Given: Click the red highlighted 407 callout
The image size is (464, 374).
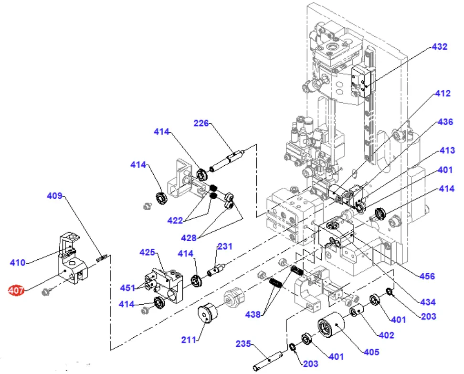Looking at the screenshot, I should (x=16, y=290).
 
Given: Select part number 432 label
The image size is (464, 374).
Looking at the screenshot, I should (x=439, y=47).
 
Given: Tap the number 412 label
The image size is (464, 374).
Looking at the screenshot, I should (x=442, y=94).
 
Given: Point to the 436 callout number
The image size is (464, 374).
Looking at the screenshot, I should (x=444, y=122).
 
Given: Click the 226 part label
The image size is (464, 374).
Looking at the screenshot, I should (x=201, y=123).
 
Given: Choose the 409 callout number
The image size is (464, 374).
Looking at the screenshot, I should (x=54, y=195).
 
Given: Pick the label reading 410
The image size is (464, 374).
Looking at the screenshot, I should (x=18, y=262).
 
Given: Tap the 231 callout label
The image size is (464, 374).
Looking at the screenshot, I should (x=225, y=246).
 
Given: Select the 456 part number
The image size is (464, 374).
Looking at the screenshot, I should (x=427, y=276).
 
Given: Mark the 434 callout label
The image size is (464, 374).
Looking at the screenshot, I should (x=427, y=302).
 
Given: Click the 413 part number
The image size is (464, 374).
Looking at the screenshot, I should (x=446, y=151).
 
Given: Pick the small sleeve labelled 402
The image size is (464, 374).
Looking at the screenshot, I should (x=356, y=312).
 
